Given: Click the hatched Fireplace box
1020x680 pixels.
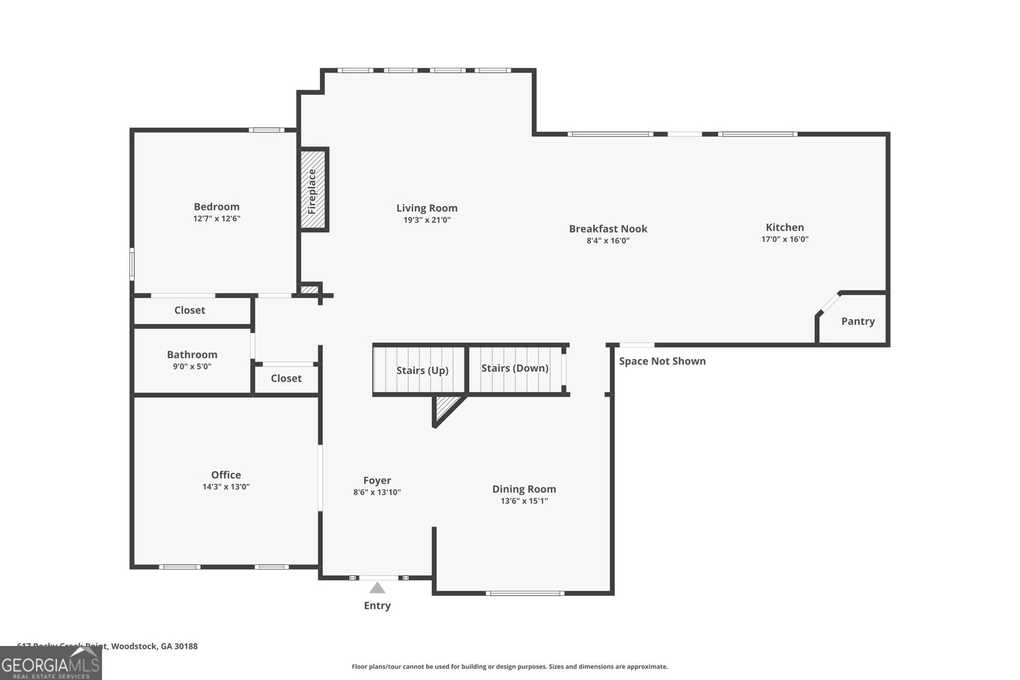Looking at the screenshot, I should click(x=313, y=190).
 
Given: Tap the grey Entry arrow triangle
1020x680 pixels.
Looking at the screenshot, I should click(x=377, y=588).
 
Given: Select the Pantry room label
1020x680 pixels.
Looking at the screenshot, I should click(x=857, y=321).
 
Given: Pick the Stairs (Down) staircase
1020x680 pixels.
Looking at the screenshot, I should click(x=515, y=368).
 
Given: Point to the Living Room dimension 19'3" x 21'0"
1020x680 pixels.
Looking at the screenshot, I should click(x=426, y=220).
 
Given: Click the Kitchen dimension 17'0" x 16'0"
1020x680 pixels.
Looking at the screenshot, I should click(x=785, y=239).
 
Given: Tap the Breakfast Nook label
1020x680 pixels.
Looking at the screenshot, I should click(x=608, y=229).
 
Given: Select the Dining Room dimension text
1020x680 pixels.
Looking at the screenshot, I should click(x=524, y=501).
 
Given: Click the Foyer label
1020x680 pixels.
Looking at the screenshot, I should click(x=377, y=481).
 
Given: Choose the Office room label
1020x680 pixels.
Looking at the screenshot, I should click(x=226, y=475).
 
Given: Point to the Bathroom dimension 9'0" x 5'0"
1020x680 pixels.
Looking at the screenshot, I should click(x=192, y=366).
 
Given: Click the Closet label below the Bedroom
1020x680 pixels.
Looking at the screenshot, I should click(x=189, y=310).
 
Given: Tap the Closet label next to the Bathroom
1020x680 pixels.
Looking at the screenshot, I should click(x=286, y=379).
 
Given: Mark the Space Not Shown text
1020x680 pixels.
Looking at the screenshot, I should click(x=662, y=361).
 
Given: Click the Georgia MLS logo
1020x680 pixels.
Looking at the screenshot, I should click(x=50, y=664).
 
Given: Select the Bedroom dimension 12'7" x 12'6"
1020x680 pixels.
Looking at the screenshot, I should click(x=217, y=219).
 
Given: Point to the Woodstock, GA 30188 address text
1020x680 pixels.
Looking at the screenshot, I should click(x=153, y=646).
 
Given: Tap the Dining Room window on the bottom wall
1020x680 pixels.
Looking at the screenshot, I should click(x=525, y=593).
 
